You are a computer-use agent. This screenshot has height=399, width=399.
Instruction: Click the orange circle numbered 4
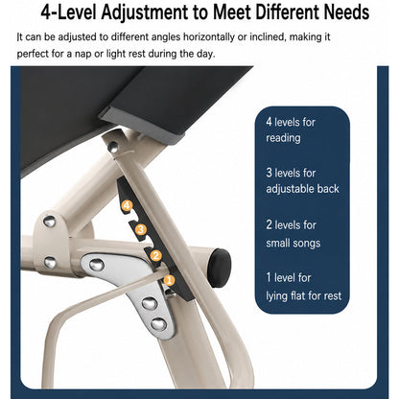pyautogui.click(x=127, y=205)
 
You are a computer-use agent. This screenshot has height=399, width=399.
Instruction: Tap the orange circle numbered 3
pyautogui.click(x=141, y=229)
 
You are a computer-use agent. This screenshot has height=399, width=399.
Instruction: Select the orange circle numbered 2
pyautogui.click(x=155, y=255)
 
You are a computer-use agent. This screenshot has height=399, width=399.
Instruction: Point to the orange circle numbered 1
pyautogui.click(x=169, y=280)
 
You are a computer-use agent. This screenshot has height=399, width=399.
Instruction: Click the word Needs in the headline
pyautogui.click(x=346, y=12)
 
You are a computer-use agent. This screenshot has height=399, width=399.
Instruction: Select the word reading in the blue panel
pyautogui.click(x=283, y=138)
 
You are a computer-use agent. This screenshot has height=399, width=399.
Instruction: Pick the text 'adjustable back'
pyautogui.click(x=302, y=189)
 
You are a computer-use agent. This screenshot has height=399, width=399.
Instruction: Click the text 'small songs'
pyautogui.click(x=293, y=243)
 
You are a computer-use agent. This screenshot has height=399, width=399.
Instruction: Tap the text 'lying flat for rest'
pyautogui.click(x=304, y=295)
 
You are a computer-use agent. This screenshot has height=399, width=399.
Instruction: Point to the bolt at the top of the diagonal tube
pyautogui.click(x=112, y=147)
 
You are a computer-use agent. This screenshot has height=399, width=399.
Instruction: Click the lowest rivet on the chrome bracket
pyautogui.click(x=158, y=324)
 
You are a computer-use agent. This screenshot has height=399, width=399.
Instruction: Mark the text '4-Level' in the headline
pyautogui.click(x=68, y=12)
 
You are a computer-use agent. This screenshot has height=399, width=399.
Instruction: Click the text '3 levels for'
pyautogui.click(x=291, y=173)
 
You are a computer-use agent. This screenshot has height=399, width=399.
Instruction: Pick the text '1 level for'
pyautogui.click(x=289, y=277)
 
